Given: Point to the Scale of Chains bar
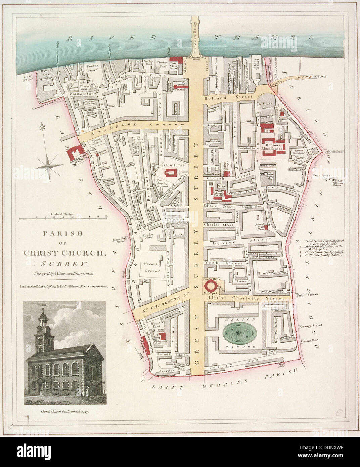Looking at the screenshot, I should point(63,218).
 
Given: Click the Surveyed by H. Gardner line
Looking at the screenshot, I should point(63,273).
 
